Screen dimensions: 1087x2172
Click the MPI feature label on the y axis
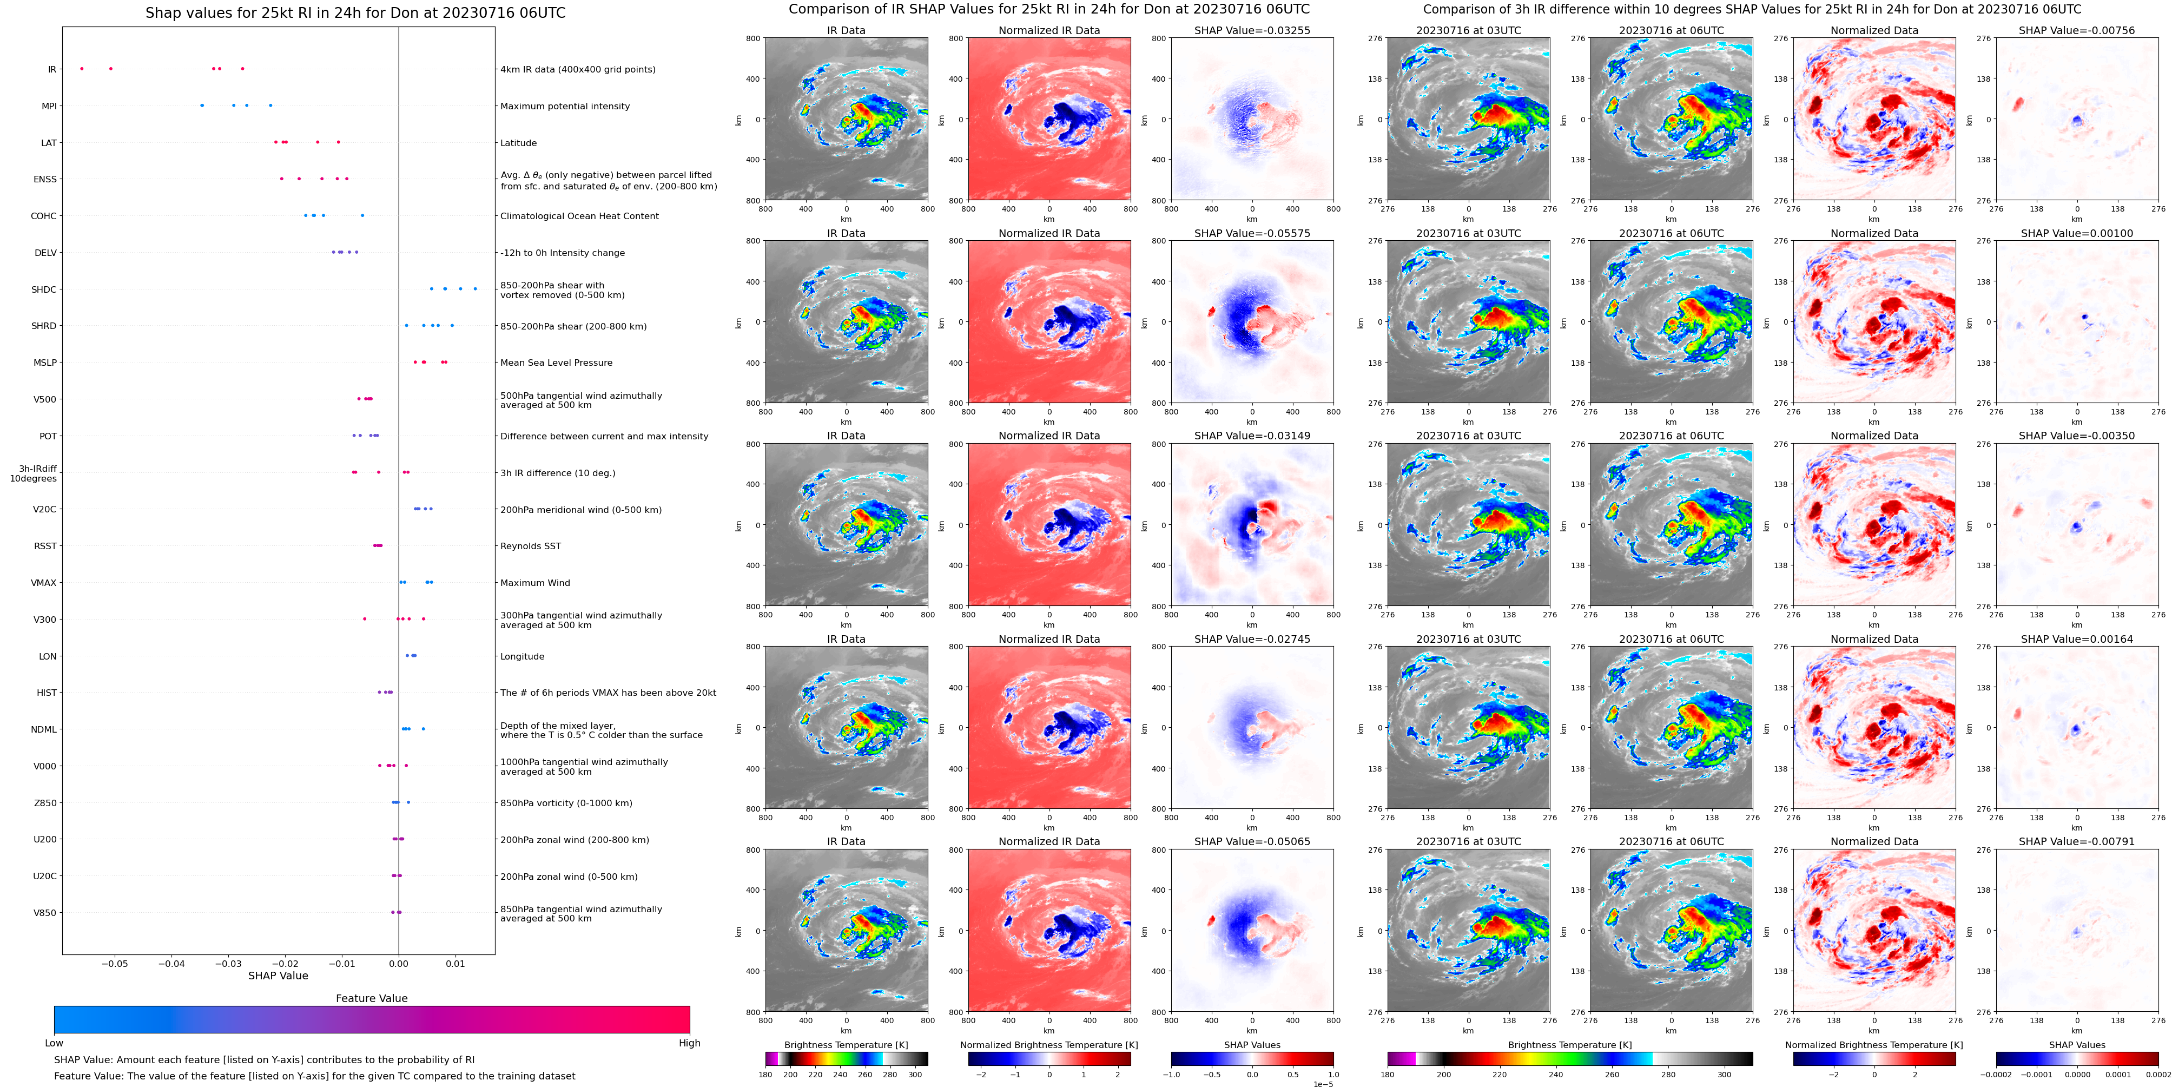tap(49, 106)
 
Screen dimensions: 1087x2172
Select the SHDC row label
tap(44, 289)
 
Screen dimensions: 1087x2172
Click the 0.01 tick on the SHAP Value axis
tap(455, 963)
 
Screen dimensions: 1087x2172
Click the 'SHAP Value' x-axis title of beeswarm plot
tap(278, 976)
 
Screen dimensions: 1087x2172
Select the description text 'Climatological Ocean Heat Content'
tap(579, 216)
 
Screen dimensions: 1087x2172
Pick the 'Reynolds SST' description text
tap(530, 546)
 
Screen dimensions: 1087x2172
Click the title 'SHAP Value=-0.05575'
tap(1252, 234)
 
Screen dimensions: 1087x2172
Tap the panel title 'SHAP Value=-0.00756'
tap(2077, 30)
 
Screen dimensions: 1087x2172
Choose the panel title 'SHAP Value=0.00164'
tap(2077, 639)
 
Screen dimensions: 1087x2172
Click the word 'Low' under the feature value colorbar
tap(54, 1043)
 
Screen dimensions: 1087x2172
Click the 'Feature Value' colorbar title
tap(372, 998)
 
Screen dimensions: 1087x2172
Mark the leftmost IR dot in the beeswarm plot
tap(82, 68)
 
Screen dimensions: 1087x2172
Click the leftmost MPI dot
tap(202, 106)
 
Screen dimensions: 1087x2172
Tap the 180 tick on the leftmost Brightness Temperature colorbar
tap(765, 1075)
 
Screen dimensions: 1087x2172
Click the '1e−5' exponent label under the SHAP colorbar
tap(1322, 1084)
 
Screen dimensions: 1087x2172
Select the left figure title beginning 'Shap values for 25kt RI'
tap(355, 12)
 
